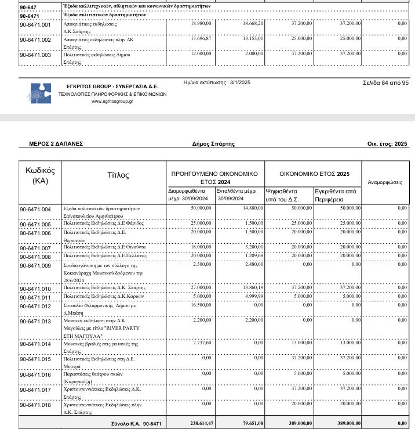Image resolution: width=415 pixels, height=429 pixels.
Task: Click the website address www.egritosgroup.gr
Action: point(112,101)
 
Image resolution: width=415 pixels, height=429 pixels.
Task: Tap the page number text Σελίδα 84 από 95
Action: point(385,83)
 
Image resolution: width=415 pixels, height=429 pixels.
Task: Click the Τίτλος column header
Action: point(118,175)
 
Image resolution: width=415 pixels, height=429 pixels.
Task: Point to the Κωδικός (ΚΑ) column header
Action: point(40,175)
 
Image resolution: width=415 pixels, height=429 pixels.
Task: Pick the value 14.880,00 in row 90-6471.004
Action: point(252,208)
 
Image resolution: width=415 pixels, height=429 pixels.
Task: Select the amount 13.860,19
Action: point(252,287)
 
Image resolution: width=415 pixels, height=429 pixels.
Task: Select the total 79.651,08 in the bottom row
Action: point(250,424)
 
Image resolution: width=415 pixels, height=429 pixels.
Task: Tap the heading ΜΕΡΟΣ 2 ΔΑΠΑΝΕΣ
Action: point(56,143)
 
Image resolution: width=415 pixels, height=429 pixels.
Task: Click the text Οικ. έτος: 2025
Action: point(387,143)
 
